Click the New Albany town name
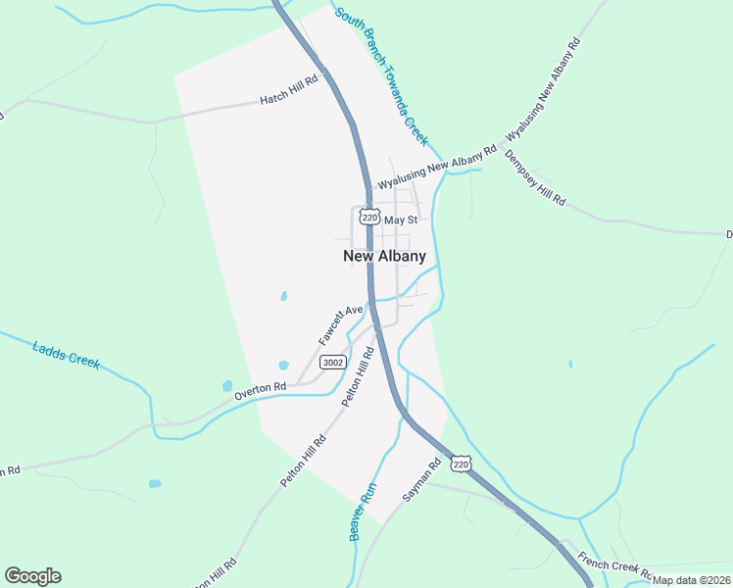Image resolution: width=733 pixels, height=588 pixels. click(384, 256)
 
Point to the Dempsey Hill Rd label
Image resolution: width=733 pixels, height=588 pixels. click(535, 177)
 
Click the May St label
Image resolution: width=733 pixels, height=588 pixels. click(401, 220)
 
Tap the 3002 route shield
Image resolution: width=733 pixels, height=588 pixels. click(333, 363)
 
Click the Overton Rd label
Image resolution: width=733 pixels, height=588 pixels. click(260, 389)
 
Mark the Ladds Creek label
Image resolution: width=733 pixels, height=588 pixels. click(67, 354)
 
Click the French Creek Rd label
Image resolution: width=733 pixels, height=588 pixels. click(615, 565)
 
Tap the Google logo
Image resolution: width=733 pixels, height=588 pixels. click(32, 576)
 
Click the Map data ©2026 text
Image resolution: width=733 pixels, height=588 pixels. click(691, 579)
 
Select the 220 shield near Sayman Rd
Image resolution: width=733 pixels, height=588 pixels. click(463, 462)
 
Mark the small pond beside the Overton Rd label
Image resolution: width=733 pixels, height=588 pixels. click(227, 386)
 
